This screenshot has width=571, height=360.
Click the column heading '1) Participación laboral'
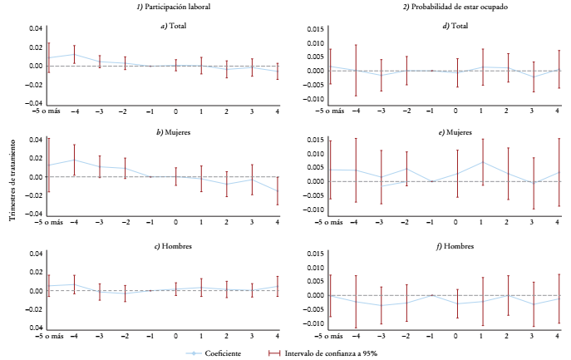[175, 7]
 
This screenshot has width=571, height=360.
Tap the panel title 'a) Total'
[175, 26]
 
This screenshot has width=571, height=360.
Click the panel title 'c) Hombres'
[175, 246]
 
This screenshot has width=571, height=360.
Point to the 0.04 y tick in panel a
[36, 28]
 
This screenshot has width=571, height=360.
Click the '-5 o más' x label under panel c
[48, 336]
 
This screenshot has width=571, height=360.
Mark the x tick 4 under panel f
[557, 336]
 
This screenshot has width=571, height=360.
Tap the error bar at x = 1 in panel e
[482, 162]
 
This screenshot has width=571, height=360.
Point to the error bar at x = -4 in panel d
[356, 71]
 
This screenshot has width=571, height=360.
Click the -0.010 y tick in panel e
[313, 209]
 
